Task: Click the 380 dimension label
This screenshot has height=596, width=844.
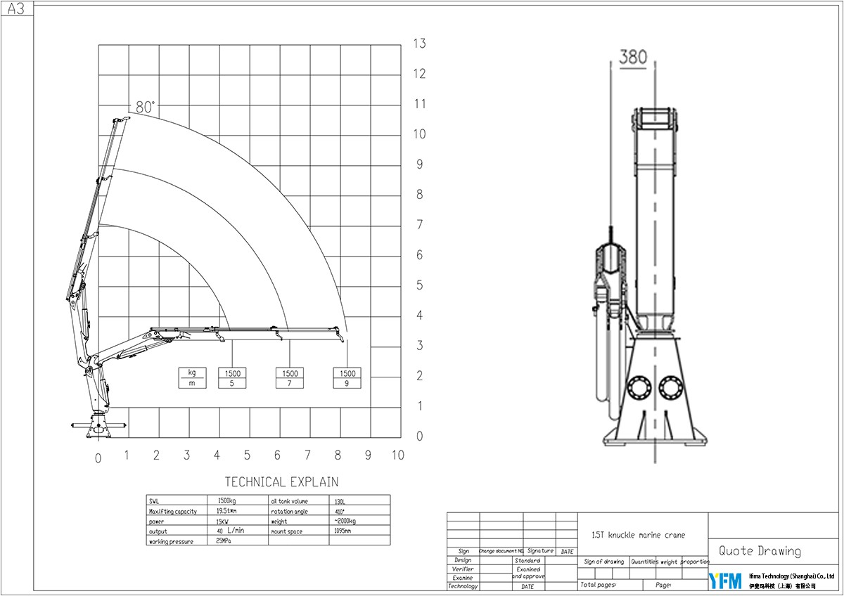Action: [632, 58]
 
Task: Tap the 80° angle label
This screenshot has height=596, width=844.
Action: [146, 107]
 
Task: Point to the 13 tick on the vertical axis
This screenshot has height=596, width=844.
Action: [420, 44]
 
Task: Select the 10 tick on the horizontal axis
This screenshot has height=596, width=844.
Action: [397, 455]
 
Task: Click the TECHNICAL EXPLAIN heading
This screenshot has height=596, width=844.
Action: [281, 482]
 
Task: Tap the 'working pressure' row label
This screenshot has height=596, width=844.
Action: [172, 541]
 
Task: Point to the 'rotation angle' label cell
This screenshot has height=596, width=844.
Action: [290, 511]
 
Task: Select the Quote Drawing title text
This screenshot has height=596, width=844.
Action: [760, 551]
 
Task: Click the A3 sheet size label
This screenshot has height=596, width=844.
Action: [16, 8]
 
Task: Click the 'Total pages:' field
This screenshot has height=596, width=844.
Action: [599, 585]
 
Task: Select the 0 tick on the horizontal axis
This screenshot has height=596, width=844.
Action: [98, 458]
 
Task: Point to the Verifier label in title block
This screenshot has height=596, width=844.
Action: [463, 569]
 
